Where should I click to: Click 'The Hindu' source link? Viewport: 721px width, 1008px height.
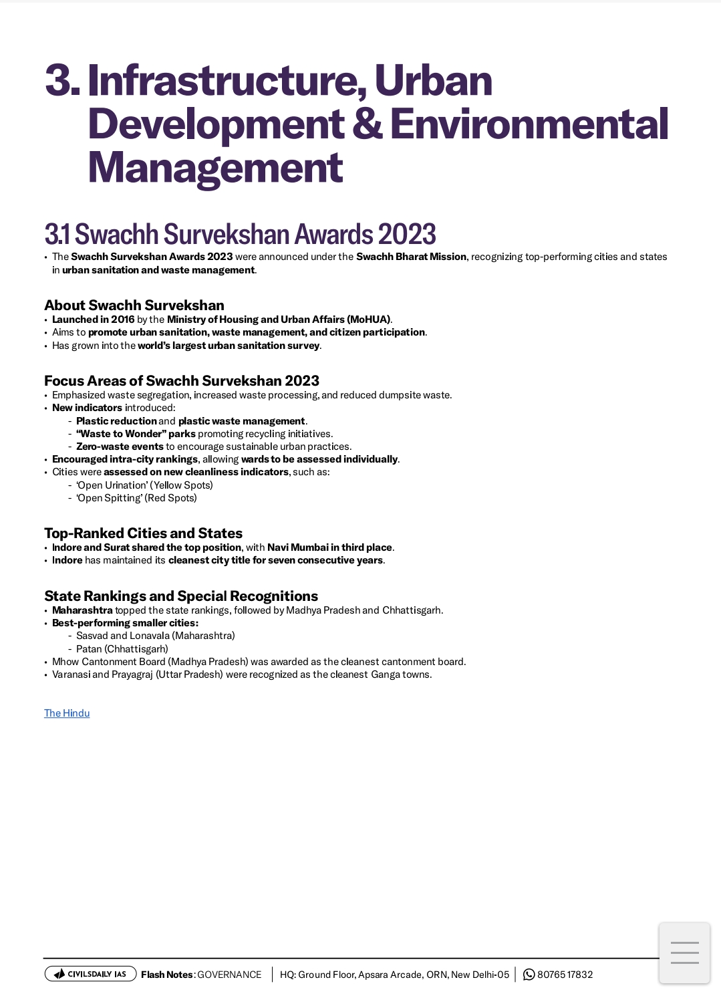(x=67, y=713)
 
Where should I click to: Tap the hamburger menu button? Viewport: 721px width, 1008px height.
(x=684, y=953)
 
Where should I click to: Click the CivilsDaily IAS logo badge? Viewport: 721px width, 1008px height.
(x=90, y=974)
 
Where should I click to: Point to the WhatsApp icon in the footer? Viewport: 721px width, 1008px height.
(x=529, y=975)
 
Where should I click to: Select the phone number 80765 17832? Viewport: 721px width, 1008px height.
(x=565, y=975)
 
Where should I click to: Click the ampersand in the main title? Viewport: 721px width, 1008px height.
(x=367, y=124)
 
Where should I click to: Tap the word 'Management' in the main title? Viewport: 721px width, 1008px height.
(x=215, y=168)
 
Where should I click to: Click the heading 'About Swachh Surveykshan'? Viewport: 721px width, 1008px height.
(x=134, y=305)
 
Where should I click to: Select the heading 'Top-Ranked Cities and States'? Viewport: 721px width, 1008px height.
(x=143, y=533)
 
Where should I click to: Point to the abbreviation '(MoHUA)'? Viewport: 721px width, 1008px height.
(x=369, y=320)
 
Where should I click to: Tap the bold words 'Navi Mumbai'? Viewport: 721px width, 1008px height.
(x=297, y=547)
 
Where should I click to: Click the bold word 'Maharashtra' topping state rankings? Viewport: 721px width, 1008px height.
(x=82, y=610)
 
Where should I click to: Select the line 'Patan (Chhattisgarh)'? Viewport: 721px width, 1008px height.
(x=122, y=649)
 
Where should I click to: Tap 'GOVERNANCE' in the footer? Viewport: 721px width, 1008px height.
(x=229, y=975)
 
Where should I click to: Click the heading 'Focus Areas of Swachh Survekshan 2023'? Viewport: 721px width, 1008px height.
(x=182, y=381)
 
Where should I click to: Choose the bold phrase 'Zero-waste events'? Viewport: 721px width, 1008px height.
(x=120, y=447)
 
